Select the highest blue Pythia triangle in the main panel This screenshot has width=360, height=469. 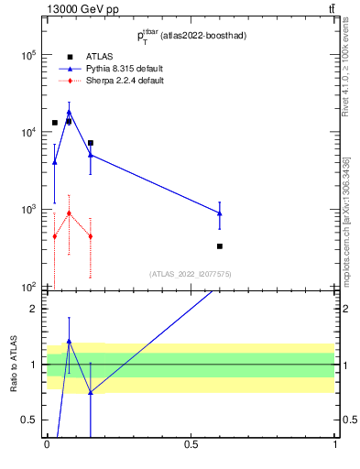point(69,112)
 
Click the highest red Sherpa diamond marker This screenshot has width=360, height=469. point(69,213)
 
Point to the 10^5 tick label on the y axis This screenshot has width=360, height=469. point(27,55)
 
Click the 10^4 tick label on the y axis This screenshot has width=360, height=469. point(27,132)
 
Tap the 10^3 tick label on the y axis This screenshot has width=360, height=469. point(27,210)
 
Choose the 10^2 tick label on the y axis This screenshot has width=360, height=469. point(27,287)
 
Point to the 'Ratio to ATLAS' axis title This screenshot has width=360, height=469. point(13,364)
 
